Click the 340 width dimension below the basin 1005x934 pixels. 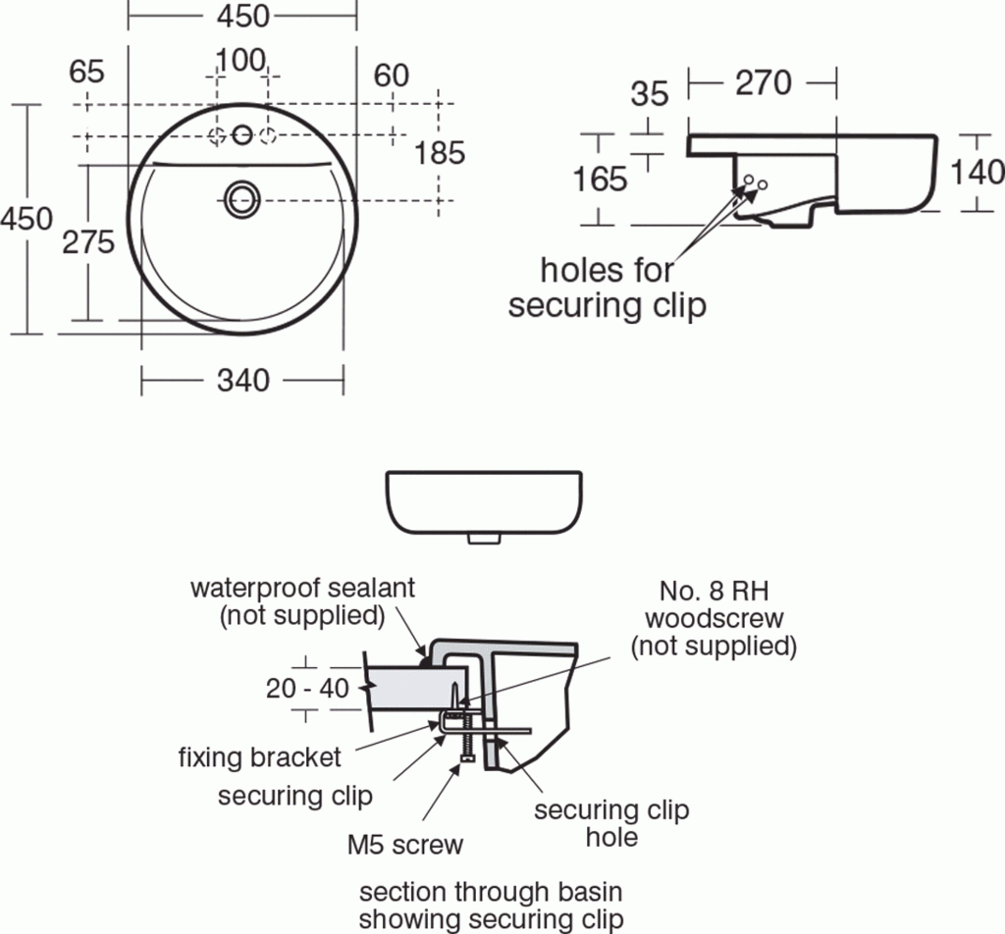tap(241, 380)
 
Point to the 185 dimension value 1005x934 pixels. tap(440, 153)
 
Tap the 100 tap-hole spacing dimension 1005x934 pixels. tap(241, 61)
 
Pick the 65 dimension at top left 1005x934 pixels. tap(87, 72)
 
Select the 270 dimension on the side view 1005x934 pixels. tap(763, 83)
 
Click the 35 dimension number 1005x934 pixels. tap(649, 94)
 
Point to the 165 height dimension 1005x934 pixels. tap(600, 179)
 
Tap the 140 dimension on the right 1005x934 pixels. tap(977, 172)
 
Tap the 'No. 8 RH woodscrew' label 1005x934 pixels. tap(713, 619)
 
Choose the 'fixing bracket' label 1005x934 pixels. tap(260, 757)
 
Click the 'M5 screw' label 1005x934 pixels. tap(405, 844)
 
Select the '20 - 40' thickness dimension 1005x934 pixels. tap(307, 689)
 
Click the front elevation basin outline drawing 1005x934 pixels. tap(487, 502)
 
